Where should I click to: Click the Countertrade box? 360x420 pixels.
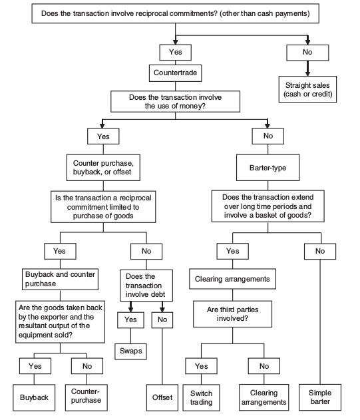(x=176, y=73)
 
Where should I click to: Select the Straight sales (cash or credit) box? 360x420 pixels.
(x=307, y=89)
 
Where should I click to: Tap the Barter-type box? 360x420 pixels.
(x=268, y=168)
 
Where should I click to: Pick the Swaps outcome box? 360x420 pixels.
(x=130, y=351)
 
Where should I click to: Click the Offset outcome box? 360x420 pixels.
(x=162, y=397)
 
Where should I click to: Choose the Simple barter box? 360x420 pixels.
(x=320, y=397)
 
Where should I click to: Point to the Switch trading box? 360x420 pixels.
(x=202, y=397)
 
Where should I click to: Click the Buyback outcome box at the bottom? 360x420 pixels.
(x=34, y=397)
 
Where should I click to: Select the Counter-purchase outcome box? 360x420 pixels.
(x=87, y=397)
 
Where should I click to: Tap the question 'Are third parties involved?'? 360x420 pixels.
(x=232, y=314)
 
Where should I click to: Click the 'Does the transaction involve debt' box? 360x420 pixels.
(x=146, y=286)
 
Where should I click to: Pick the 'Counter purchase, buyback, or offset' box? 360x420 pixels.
(x=103, y=168)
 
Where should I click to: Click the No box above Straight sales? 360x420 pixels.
(x=307, y=53)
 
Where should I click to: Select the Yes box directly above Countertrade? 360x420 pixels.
(x=176, y=53)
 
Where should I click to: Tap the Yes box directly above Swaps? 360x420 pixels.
(x=130, y=320)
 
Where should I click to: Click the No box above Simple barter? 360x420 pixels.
(x=320, y=251)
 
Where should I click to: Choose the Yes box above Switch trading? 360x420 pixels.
(x=202, y=366)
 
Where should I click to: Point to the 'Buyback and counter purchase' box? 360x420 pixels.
(x=61, y=279)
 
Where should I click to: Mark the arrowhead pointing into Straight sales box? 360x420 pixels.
(x=307, y=73)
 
